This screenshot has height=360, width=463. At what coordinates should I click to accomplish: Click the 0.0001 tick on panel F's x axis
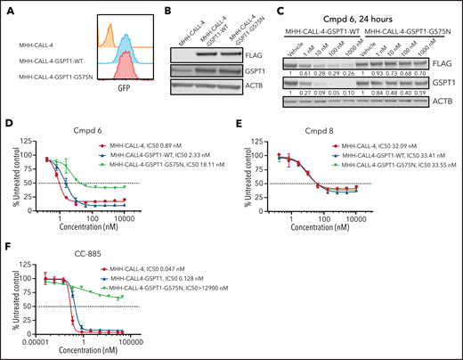[45, 341]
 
